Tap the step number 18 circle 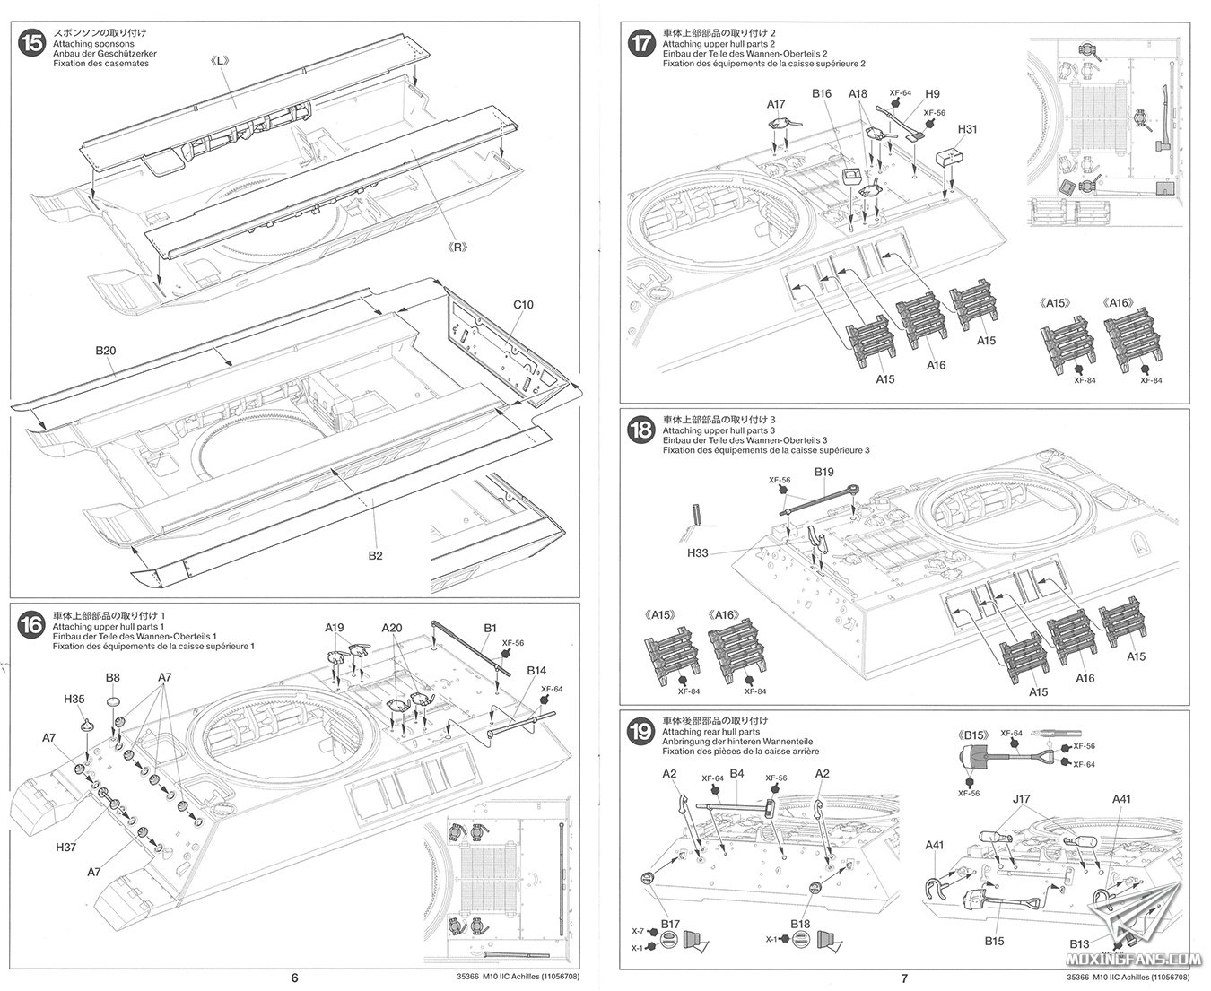tap(641, 430)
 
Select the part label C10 tap(524, 305)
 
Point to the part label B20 tap(105, 350)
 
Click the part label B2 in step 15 tap(375, 556)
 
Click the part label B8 tap(113, 677)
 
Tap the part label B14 tap(536, 670)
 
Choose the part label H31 tap(966, 128)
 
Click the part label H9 tap(932, 94)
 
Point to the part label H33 tap(697, 552)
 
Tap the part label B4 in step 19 tap(737, 773)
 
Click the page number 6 tap(293, 978)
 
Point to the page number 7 tap(905, 978)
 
